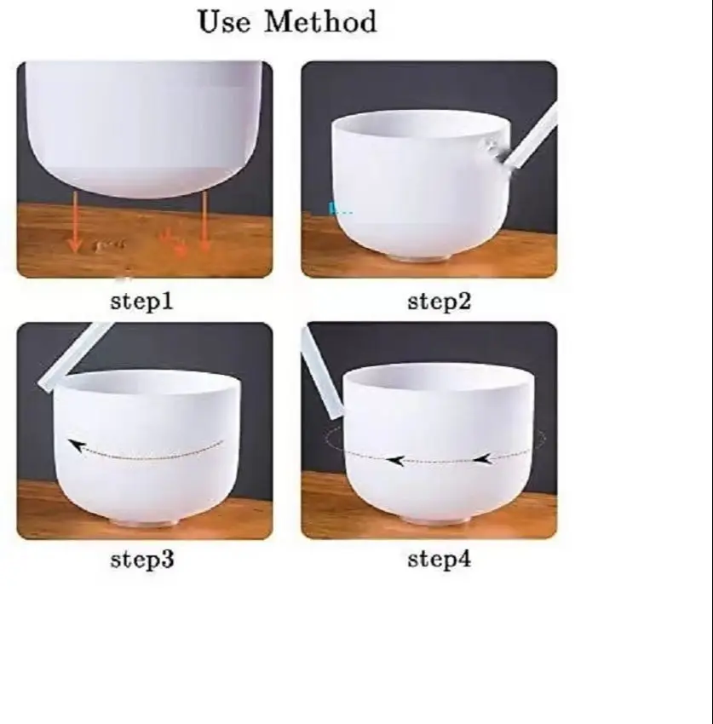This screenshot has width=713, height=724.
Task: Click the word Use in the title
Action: click(x=224, y=22)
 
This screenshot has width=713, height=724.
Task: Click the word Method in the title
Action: click(x=320, y=22)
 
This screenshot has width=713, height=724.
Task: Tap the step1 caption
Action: click(x=142, y=302)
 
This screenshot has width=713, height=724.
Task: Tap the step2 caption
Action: click(x=440, y=302)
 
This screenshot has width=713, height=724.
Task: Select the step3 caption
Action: click(x=142, y=560)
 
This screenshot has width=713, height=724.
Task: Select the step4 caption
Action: click(x=440, y=560)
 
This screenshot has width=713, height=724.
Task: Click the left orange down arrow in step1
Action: click(x=74, y=222)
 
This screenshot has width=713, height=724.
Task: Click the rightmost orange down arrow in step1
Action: click(x=204, y=221)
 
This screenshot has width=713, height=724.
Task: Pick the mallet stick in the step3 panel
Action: click(x=73, y=358)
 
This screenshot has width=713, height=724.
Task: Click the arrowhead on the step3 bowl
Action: click(x=78, y=446)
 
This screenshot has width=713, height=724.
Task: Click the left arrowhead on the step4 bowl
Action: click(x=395, y=460)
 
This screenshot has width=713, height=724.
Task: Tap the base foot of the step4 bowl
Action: click(x=437, y=520)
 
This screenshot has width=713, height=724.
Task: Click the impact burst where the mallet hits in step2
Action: click(x=494, y=152)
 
